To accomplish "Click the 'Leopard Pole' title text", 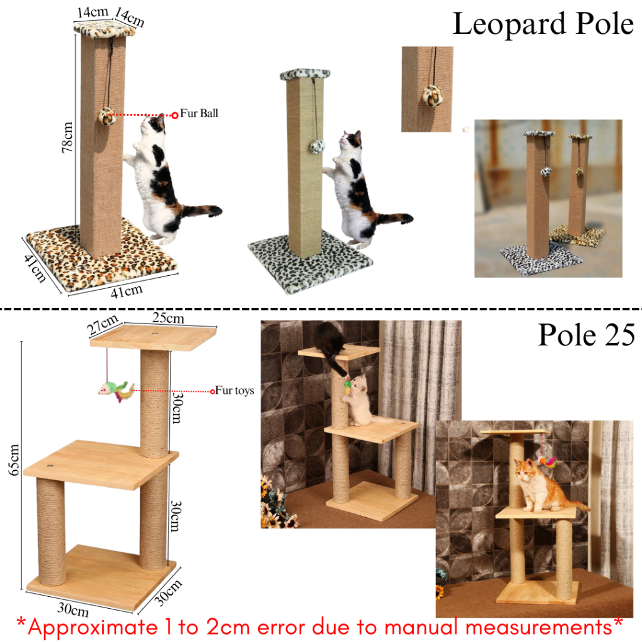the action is (543, 24).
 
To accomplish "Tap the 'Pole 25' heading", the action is (586, 335).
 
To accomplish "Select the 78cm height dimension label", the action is (66, 137).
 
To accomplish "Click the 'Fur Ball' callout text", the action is (199, 113).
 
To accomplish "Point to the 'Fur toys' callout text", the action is (234, 391).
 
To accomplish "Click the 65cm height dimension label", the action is (14, 460).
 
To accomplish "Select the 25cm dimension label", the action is (168, 318).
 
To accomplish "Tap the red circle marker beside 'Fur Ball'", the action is (175, 115).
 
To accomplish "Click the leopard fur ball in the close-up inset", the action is (433, 96).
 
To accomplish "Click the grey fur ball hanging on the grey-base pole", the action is (317, 146).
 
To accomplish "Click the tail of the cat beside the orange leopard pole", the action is (203, 211).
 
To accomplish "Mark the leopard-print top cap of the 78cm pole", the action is (104, 28).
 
